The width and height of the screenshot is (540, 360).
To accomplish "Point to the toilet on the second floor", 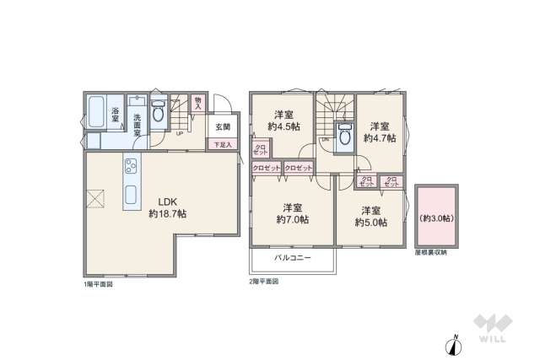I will pos(344,137).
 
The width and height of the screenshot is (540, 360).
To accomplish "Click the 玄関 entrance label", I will pos(222,128).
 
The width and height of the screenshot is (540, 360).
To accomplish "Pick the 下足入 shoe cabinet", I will pos(222,145).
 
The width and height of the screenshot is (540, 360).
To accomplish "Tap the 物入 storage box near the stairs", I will pos(197,103).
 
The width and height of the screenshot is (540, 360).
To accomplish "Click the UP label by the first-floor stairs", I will pos(179,132).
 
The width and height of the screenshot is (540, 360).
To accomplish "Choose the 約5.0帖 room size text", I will pos(370,222).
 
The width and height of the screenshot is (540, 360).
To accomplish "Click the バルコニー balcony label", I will pos(292,257).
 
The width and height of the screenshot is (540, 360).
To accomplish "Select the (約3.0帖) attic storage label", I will pos(435,218).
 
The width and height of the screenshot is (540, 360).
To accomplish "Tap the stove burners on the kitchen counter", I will pos(132,166).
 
